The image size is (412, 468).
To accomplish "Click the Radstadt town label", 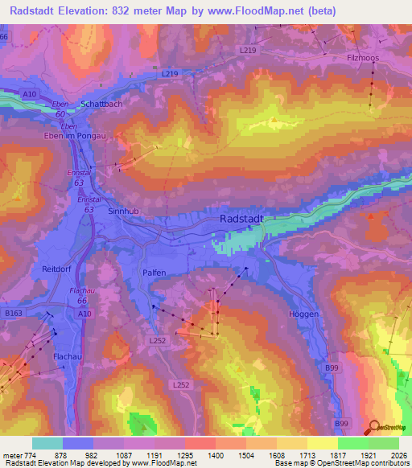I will point(241,219).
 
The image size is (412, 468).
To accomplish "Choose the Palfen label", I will point(154,273).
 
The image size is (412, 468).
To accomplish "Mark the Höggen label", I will point(303,314).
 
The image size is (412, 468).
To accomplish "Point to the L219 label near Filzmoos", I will point(248,50).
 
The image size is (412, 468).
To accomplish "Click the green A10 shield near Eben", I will point(29,95).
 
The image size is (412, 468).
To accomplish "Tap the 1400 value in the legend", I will point(215,454).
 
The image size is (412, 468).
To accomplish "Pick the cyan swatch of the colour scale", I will point(47,443).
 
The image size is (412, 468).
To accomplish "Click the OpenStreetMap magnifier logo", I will point(374,427).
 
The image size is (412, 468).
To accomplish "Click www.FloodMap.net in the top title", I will point(257,10).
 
